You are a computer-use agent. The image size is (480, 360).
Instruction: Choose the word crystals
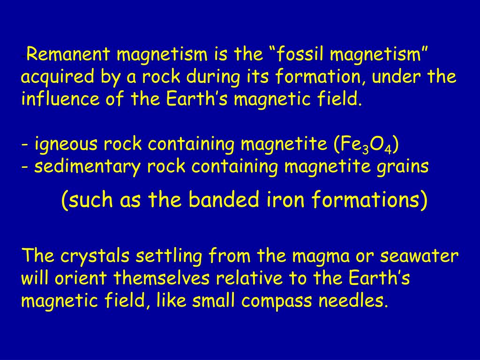point(95,256)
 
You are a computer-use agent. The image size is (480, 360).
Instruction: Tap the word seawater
point(419,256)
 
